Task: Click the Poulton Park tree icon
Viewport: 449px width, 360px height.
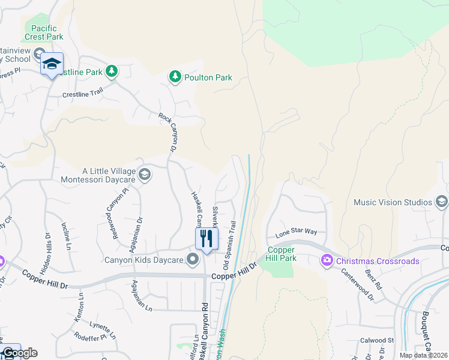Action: click(x=175, y=77)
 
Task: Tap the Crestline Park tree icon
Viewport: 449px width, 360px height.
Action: click(x=111, y=72)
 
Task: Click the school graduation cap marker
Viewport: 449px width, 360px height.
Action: click(x=52, y=64)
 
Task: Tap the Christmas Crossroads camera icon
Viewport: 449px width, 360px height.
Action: click(x=327, y=260)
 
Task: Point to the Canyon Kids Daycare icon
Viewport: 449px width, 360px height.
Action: click(x=193, y=260)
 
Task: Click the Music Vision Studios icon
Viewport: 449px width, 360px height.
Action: click(x=442, y=202)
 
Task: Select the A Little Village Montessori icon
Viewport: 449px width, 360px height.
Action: click(x=144, y=175)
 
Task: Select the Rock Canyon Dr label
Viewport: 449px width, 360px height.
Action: click(x=169, y=132)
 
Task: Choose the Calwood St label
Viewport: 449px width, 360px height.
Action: click(x=378, y=340)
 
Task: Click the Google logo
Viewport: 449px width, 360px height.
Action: click(x=20, y=353)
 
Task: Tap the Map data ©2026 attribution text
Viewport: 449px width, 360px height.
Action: click(x=423, y=355)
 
